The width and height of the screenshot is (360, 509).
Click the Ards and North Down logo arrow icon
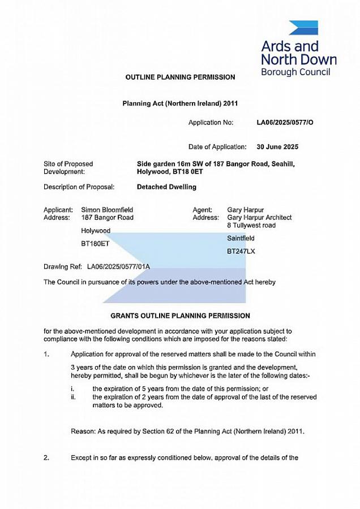tap(303, 28)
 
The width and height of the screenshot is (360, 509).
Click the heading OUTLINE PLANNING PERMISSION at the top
tap(180, 77)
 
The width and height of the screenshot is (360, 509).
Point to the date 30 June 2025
tap(277, 147)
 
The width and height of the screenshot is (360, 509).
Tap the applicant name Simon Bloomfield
tap(107, 210)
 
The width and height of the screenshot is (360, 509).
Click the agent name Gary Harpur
tap(245, 210)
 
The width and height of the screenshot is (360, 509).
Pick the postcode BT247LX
tap(241, 251)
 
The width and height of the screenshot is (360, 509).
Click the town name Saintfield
tap(241, 238)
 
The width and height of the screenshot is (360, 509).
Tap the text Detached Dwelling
tap(166, 187)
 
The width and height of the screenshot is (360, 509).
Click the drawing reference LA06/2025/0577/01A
tap(118, 266)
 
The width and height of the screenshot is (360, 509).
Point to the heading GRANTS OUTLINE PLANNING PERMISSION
tap(180, 316)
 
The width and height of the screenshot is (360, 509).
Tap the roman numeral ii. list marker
tap(73, 398)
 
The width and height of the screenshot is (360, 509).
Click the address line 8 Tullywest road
tap(251, 225)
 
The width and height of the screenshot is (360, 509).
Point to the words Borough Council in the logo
tap(295, 72)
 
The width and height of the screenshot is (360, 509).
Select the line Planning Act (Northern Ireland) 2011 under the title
tap(180, 104)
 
